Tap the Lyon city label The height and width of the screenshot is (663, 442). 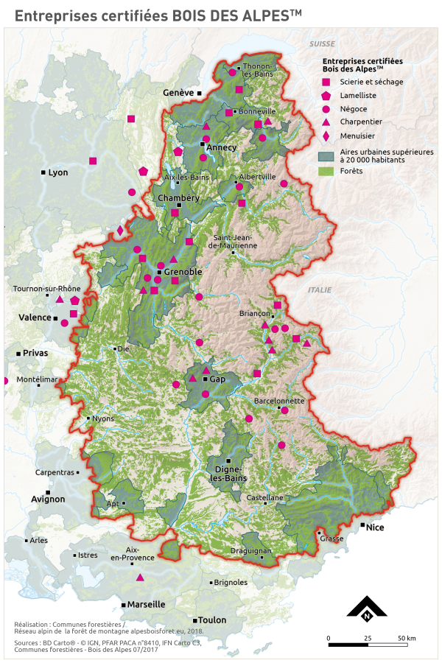[x=57, y=172]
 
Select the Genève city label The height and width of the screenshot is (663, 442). [x=178, y=93]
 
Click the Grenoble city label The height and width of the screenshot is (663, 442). [x=183, y=272]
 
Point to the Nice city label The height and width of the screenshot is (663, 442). [x=376, y=527]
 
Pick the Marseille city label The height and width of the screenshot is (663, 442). [x=146, y=604]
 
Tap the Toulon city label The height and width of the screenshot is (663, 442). [x=213, y=620]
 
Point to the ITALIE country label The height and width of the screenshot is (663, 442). [x=320, y=290]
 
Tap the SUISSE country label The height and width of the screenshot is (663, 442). [x=322, y=45]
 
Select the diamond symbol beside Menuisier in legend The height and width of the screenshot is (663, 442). [x=325, y=136]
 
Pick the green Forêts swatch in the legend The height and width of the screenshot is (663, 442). [x=326, y=171]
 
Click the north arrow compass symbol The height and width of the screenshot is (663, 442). [x=366, y=608]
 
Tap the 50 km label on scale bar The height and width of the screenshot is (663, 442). [x=407, y=637]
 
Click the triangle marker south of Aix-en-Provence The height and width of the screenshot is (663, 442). [x=139, y=577]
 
